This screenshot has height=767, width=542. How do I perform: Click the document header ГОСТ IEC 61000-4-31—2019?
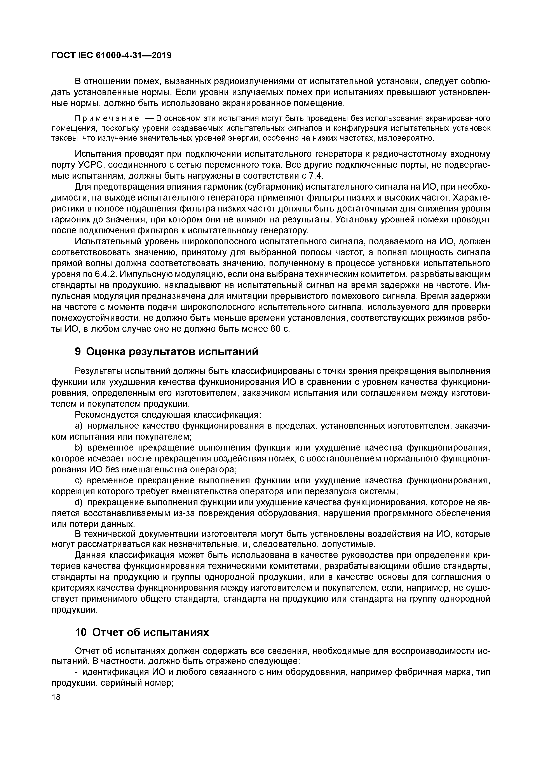click(112, 56)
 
